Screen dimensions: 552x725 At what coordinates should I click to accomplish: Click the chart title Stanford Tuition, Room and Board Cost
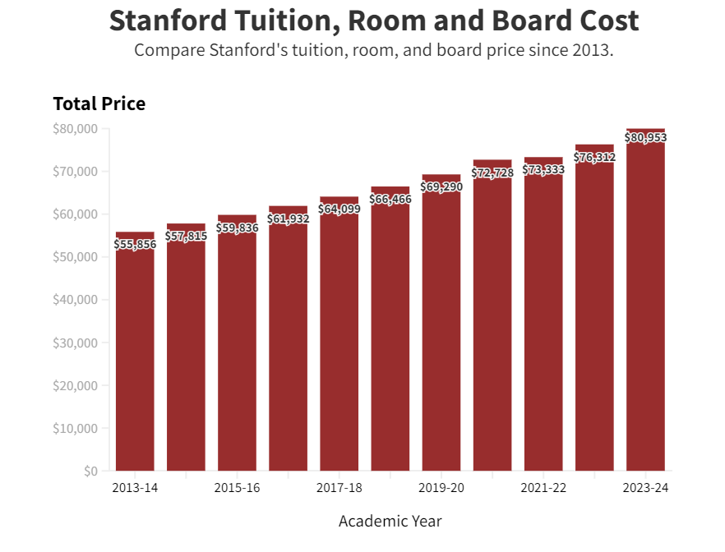(x=373, y=21)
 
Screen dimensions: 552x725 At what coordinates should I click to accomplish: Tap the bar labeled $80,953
(x=645, y=312)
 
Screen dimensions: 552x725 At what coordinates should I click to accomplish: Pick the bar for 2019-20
(x=441, y=329)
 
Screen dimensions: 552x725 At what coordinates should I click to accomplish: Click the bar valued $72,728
(x=492, y=320)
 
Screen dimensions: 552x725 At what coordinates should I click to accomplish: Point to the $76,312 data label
(x=594, y=157)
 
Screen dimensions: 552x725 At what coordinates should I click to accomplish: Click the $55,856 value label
(x=135, y=244)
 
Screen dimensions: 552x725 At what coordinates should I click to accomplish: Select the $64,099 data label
(x=339, y=209)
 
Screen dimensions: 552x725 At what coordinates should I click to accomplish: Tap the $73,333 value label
(x=543, y=169)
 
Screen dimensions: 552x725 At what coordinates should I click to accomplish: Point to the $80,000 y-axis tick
(x=76, y=129)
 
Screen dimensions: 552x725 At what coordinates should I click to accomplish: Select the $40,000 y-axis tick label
(x=76, y=300)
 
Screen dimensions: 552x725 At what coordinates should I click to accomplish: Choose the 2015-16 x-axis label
(x=237, y=488)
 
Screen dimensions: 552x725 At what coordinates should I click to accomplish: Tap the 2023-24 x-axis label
(x=645, y=488)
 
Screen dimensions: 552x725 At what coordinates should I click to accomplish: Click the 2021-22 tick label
(x=543, y=488)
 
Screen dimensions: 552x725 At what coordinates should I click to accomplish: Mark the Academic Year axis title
(x=390, y=521)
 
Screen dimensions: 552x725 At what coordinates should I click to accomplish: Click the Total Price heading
(x=99, y=103)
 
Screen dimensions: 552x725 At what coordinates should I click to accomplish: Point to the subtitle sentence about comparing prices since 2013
(x=373, y=50)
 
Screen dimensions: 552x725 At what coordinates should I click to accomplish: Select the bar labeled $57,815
(x=186, y=353)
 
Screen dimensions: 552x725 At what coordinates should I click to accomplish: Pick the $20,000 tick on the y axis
(x=76, y=385)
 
